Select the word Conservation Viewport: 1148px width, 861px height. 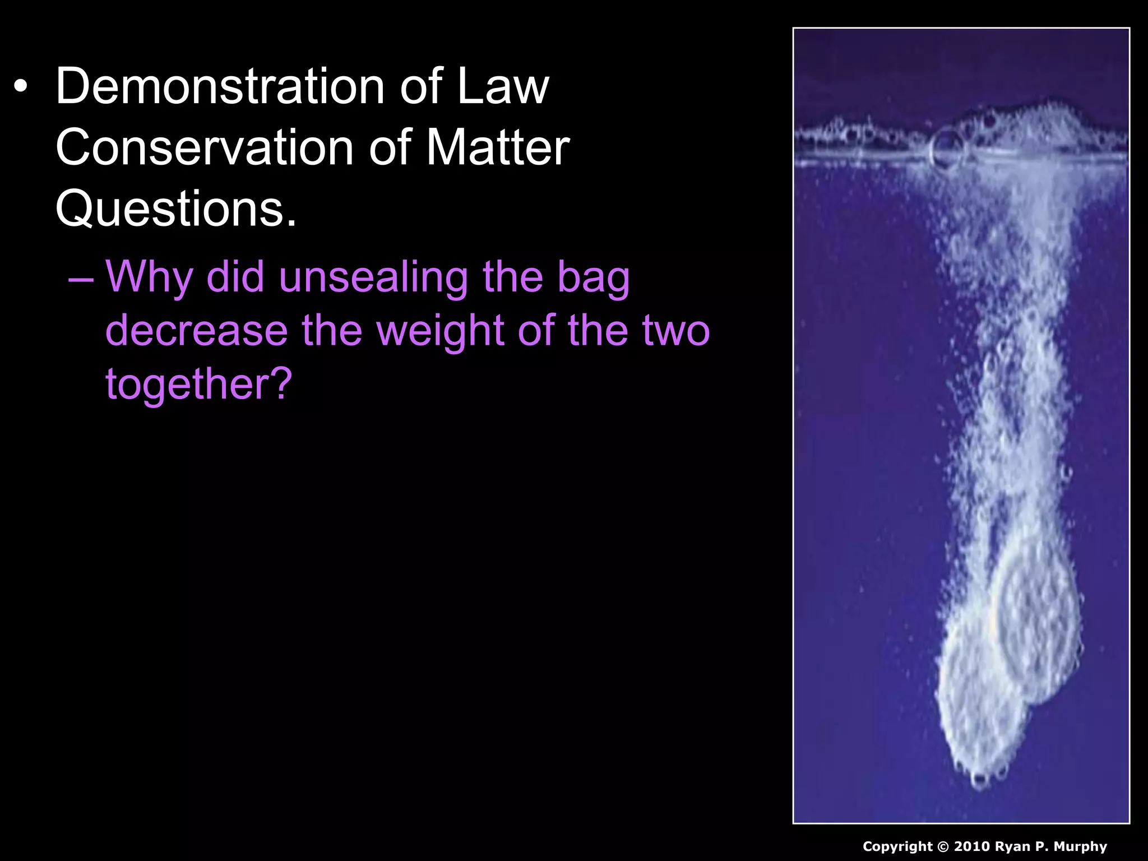pyautogui.click(x=204, y=147)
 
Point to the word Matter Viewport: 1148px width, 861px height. pyautogui.click(x=498, y=147)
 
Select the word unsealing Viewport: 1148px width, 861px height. pyautogui.click(x=373, y=277)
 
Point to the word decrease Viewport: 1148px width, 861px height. pyautogui.click(x=196, y=330)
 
